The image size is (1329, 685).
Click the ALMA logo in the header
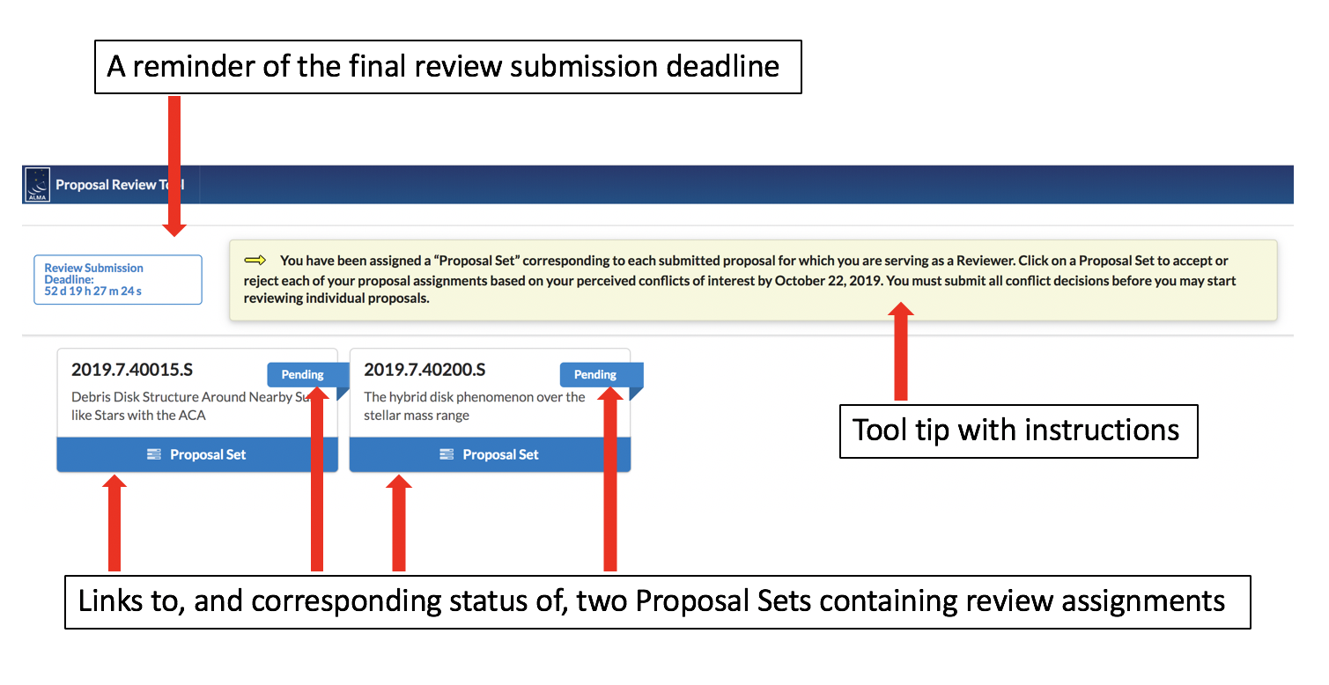click(x=38, y=185)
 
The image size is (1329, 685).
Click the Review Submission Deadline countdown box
click(x=118, y=280)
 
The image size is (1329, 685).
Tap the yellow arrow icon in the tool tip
click(x=255, y=261)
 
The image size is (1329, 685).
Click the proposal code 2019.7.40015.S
click(x=132, y=370)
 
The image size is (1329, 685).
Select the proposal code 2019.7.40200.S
click(x=425, y=370)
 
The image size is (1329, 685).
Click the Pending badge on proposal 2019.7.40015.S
click(x=302, y=375)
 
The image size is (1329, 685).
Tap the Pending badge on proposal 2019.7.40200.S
click(x=595, y=375)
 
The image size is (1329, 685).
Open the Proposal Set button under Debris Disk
click(x=197, y=454)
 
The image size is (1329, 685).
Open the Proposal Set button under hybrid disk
click(x=490, y=454)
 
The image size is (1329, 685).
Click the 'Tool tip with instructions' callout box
click(x=1018, y=431)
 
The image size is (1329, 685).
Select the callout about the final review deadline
click(x=447, y=67)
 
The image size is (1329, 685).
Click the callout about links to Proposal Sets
click(x=657, y=602)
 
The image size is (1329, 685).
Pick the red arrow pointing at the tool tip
click(x=900, y=352)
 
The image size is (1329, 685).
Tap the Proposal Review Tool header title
click(x=118, y=185)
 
